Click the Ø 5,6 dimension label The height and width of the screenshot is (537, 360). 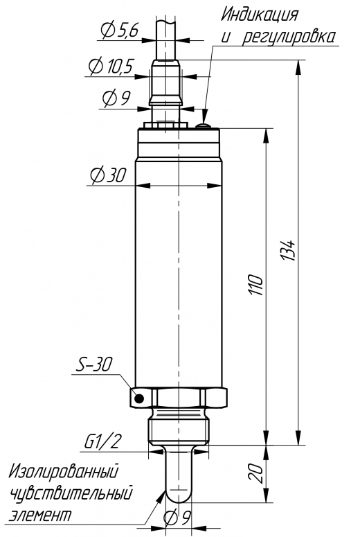[x=119, y=30]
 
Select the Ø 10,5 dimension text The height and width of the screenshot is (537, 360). [x=111, y=66]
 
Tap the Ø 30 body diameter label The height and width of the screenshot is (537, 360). [x=108, y=175]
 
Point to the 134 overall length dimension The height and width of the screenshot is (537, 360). [x=289, y=250]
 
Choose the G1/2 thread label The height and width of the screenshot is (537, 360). [x=102, y=442]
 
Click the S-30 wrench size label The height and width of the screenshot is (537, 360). [x=93, y=364]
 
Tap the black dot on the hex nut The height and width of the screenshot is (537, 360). [x=139, y=398]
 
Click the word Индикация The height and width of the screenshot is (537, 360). [x=260, y=15]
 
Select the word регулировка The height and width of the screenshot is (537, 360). [x=289, y=37]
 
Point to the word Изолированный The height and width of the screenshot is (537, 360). [x=64, y=471]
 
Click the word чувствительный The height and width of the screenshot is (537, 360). [x=71, y=494]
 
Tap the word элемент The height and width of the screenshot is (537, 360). [x=41, y=515]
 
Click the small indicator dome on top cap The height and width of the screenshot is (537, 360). [x=204, y=126]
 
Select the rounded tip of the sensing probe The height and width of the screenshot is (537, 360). [x=179, y=496]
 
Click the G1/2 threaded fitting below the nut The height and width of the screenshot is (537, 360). [x=179, y=428]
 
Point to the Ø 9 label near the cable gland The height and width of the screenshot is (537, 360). [x=116, y=98]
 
